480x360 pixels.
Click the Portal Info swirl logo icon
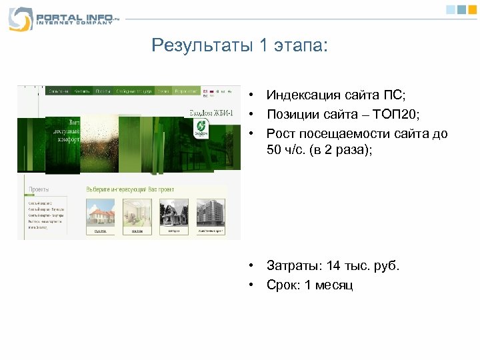click(20, 18)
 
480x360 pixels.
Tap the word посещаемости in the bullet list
click(346, 134)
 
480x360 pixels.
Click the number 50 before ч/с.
click(274, 150)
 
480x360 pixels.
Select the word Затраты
click(293, 266)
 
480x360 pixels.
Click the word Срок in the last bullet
click(283, 285)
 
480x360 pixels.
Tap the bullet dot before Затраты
click(253, 266)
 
